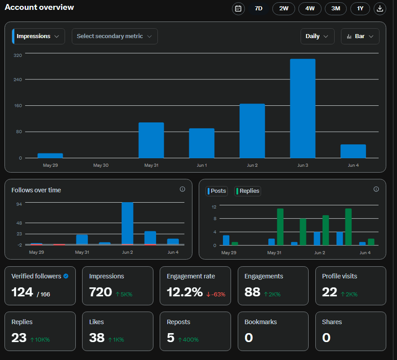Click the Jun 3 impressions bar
[302, 108]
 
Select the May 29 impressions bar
[50, 156]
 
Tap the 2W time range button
[284, 9]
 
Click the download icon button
[380, 9]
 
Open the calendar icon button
[238, 9]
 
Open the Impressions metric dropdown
[39, 36]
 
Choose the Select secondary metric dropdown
[115, 36]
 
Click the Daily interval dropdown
[317, 36]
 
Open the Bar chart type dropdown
[360, 36]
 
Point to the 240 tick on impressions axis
[18, 79]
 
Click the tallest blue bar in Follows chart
[127, 223]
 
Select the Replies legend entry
[247, 191]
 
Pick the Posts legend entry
[217, 191]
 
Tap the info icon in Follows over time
[182, 189]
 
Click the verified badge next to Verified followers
[66, 276]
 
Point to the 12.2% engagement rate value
[184, 292]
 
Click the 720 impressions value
[100, 292]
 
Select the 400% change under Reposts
[188, 339]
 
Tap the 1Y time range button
[360, 9]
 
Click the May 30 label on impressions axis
[101, 165]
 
